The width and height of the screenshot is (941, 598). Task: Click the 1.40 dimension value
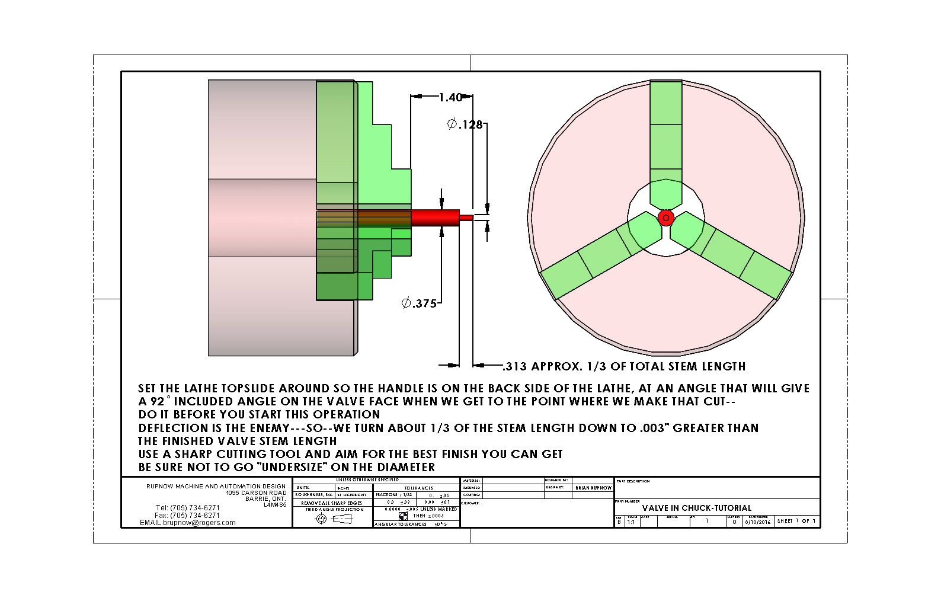point(450,97)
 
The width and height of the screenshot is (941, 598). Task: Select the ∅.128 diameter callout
point(465,124)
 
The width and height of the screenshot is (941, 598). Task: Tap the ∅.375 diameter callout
point(419,303)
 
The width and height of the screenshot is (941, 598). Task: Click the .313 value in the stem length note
point(515,366)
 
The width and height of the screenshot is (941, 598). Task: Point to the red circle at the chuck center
point(666,218)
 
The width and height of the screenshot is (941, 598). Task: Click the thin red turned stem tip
point(467,218)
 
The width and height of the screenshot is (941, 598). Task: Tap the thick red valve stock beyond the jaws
point(436,218)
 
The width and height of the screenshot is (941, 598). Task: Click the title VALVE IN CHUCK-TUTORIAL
point(696,508)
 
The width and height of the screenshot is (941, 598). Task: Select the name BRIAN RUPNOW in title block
point(593,488)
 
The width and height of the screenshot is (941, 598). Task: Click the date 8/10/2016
point(758,522)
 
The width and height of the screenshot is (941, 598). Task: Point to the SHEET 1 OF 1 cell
point(796,521)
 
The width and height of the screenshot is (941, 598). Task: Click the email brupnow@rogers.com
point(187,523)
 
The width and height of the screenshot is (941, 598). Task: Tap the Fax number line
point(187,515)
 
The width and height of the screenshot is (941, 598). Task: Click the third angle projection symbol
point(332,519)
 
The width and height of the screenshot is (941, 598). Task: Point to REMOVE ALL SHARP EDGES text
point(331,503)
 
